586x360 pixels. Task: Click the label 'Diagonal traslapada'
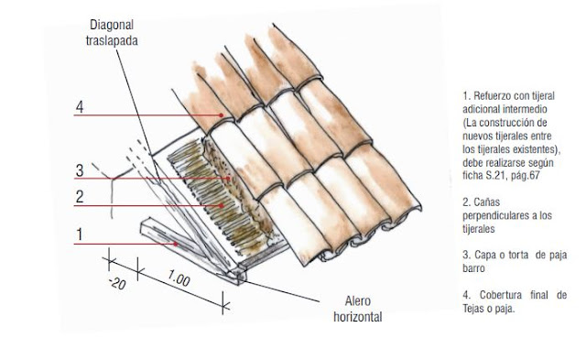click(x=112, y=33)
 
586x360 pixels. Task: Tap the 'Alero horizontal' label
click(x=358, y=309)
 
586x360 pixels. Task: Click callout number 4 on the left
click(x=80, y=107)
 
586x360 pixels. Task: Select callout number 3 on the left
click(x=80, y=170)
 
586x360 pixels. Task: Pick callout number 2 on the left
click(x=80, y=197)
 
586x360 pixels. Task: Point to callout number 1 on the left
click(x=80, y=235)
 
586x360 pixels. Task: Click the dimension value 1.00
click(x=179, y=278)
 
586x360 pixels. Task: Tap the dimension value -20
click(x=117, y=284)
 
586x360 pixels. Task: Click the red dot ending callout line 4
click(x=222, y=115)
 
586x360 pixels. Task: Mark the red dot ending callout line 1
click(x=175, y=244)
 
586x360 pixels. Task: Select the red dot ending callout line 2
click(x=222, y=205)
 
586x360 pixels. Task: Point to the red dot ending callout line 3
click(x=228, y=179)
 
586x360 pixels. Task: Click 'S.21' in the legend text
click(x=494, y=175)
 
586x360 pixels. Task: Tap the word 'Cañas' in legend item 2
click(x=486, y=202)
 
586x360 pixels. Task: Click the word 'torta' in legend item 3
click(x=518, y=256)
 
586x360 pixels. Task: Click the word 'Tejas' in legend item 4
click(x=473, y=309)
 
